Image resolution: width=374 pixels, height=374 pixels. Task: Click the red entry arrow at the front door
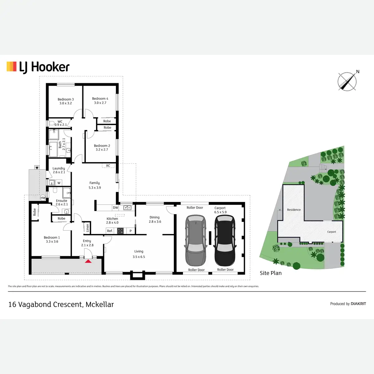[88, 261]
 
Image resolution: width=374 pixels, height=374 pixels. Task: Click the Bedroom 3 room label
[65, 99]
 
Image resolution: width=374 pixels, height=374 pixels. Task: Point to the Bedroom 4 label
[100, 99]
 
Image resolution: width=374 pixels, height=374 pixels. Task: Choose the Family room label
[94, 183]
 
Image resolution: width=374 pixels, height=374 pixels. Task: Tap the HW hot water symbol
[43, 198]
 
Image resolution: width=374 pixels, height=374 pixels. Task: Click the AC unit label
[108, 166]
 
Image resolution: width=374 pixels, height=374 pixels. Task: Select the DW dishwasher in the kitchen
[116, 208]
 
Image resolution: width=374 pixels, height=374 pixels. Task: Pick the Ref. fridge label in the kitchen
[110, 231]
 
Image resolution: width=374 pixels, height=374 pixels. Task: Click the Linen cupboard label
[88, 228]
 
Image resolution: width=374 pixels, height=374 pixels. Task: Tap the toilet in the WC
[51, 123]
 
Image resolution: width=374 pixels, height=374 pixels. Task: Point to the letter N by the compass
[358, 72]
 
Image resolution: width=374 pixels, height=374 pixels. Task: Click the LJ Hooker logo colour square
[12, 67]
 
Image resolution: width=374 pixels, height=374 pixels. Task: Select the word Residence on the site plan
[294, 210]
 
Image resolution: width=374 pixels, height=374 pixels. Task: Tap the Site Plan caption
[271, 273]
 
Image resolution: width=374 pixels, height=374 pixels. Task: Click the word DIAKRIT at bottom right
[358, 304]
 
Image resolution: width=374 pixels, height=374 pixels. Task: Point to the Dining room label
[155, 218]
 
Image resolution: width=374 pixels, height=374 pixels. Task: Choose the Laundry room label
[59, 168]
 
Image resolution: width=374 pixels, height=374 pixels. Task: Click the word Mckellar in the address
[100, 304]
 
